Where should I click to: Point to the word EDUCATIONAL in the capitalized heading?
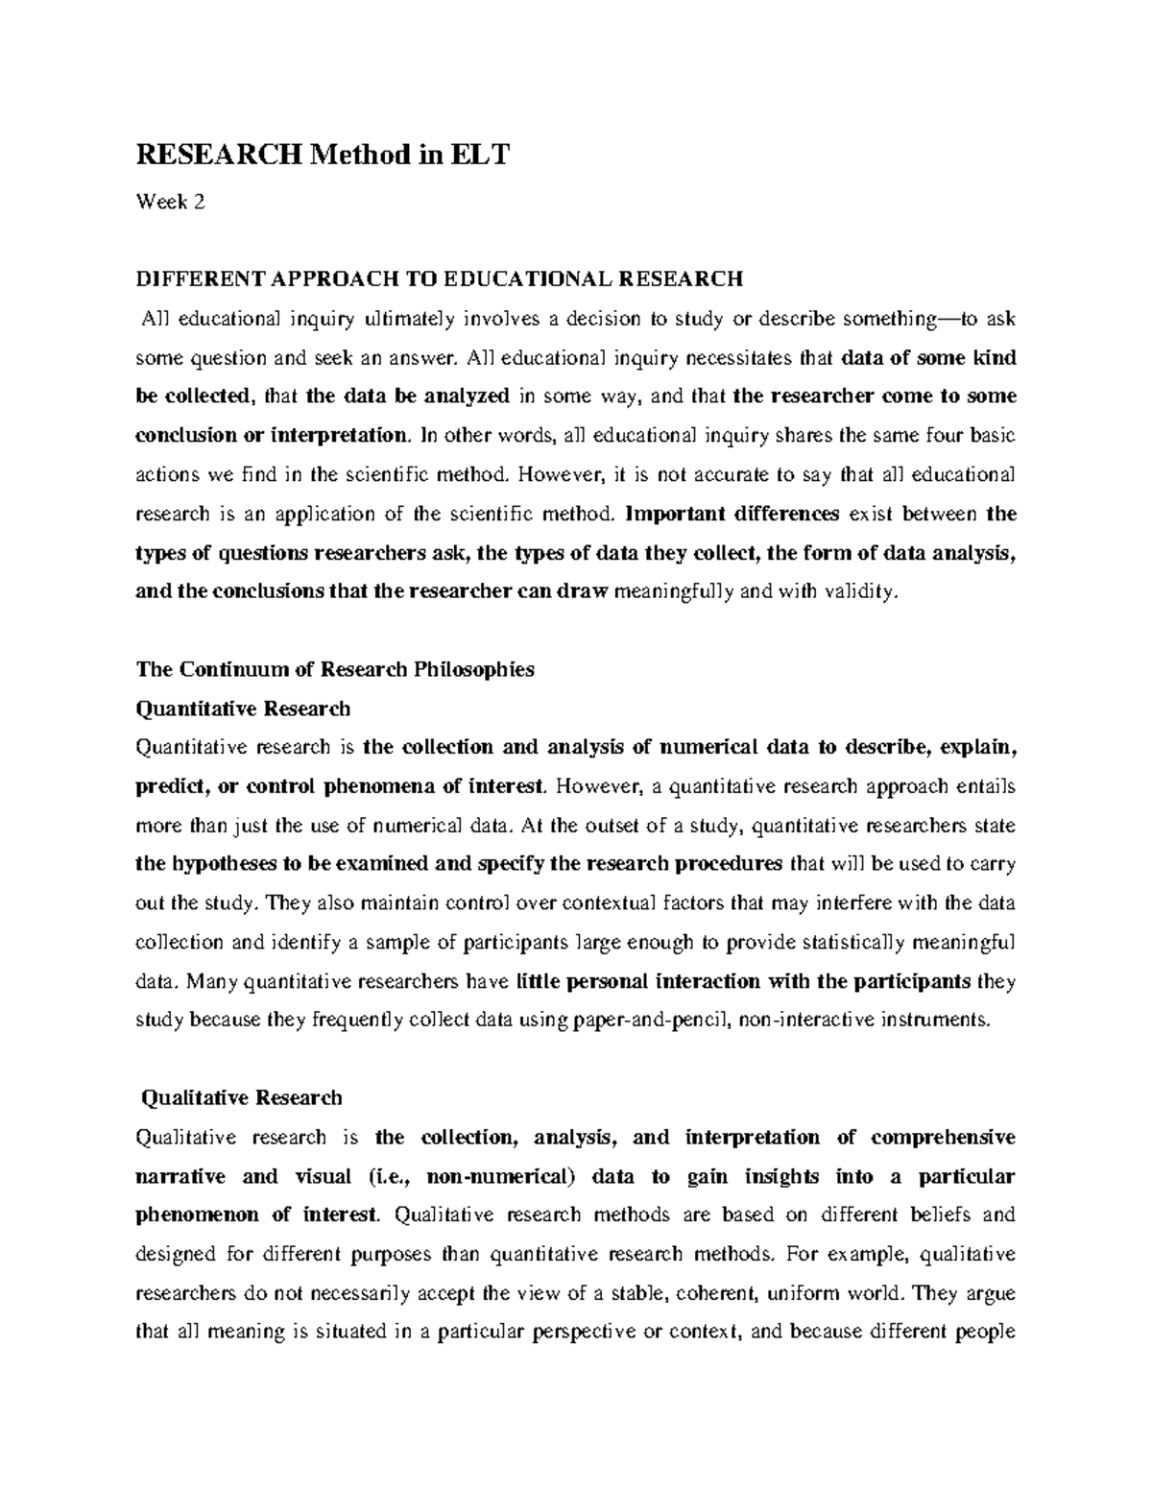click(x=527, y=279)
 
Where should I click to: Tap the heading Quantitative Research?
click(x=243, y=709)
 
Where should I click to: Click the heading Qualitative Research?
click(x=241, y=1097)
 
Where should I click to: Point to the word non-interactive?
click(x=806, y=1020)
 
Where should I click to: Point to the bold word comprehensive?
click(x=943, y=1137)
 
